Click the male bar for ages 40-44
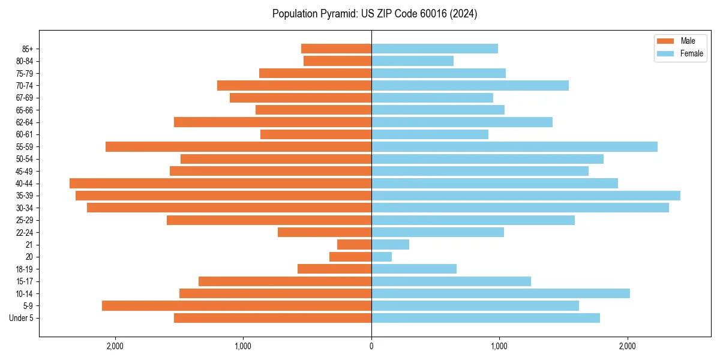[220, 183]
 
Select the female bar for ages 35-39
[526, 196]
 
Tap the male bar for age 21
[354, 245]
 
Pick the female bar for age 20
[382, 257]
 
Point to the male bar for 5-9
[236, 306]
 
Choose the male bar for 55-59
[238, 146]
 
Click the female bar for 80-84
[412, 61]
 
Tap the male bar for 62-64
[272, 122]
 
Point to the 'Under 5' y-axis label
[22, 318]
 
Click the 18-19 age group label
[25, 269]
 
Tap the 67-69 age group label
[25, 98]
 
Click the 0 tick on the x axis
[371, 346]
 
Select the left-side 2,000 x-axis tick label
[115, 346]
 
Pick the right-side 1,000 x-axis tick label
[499, 346]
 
